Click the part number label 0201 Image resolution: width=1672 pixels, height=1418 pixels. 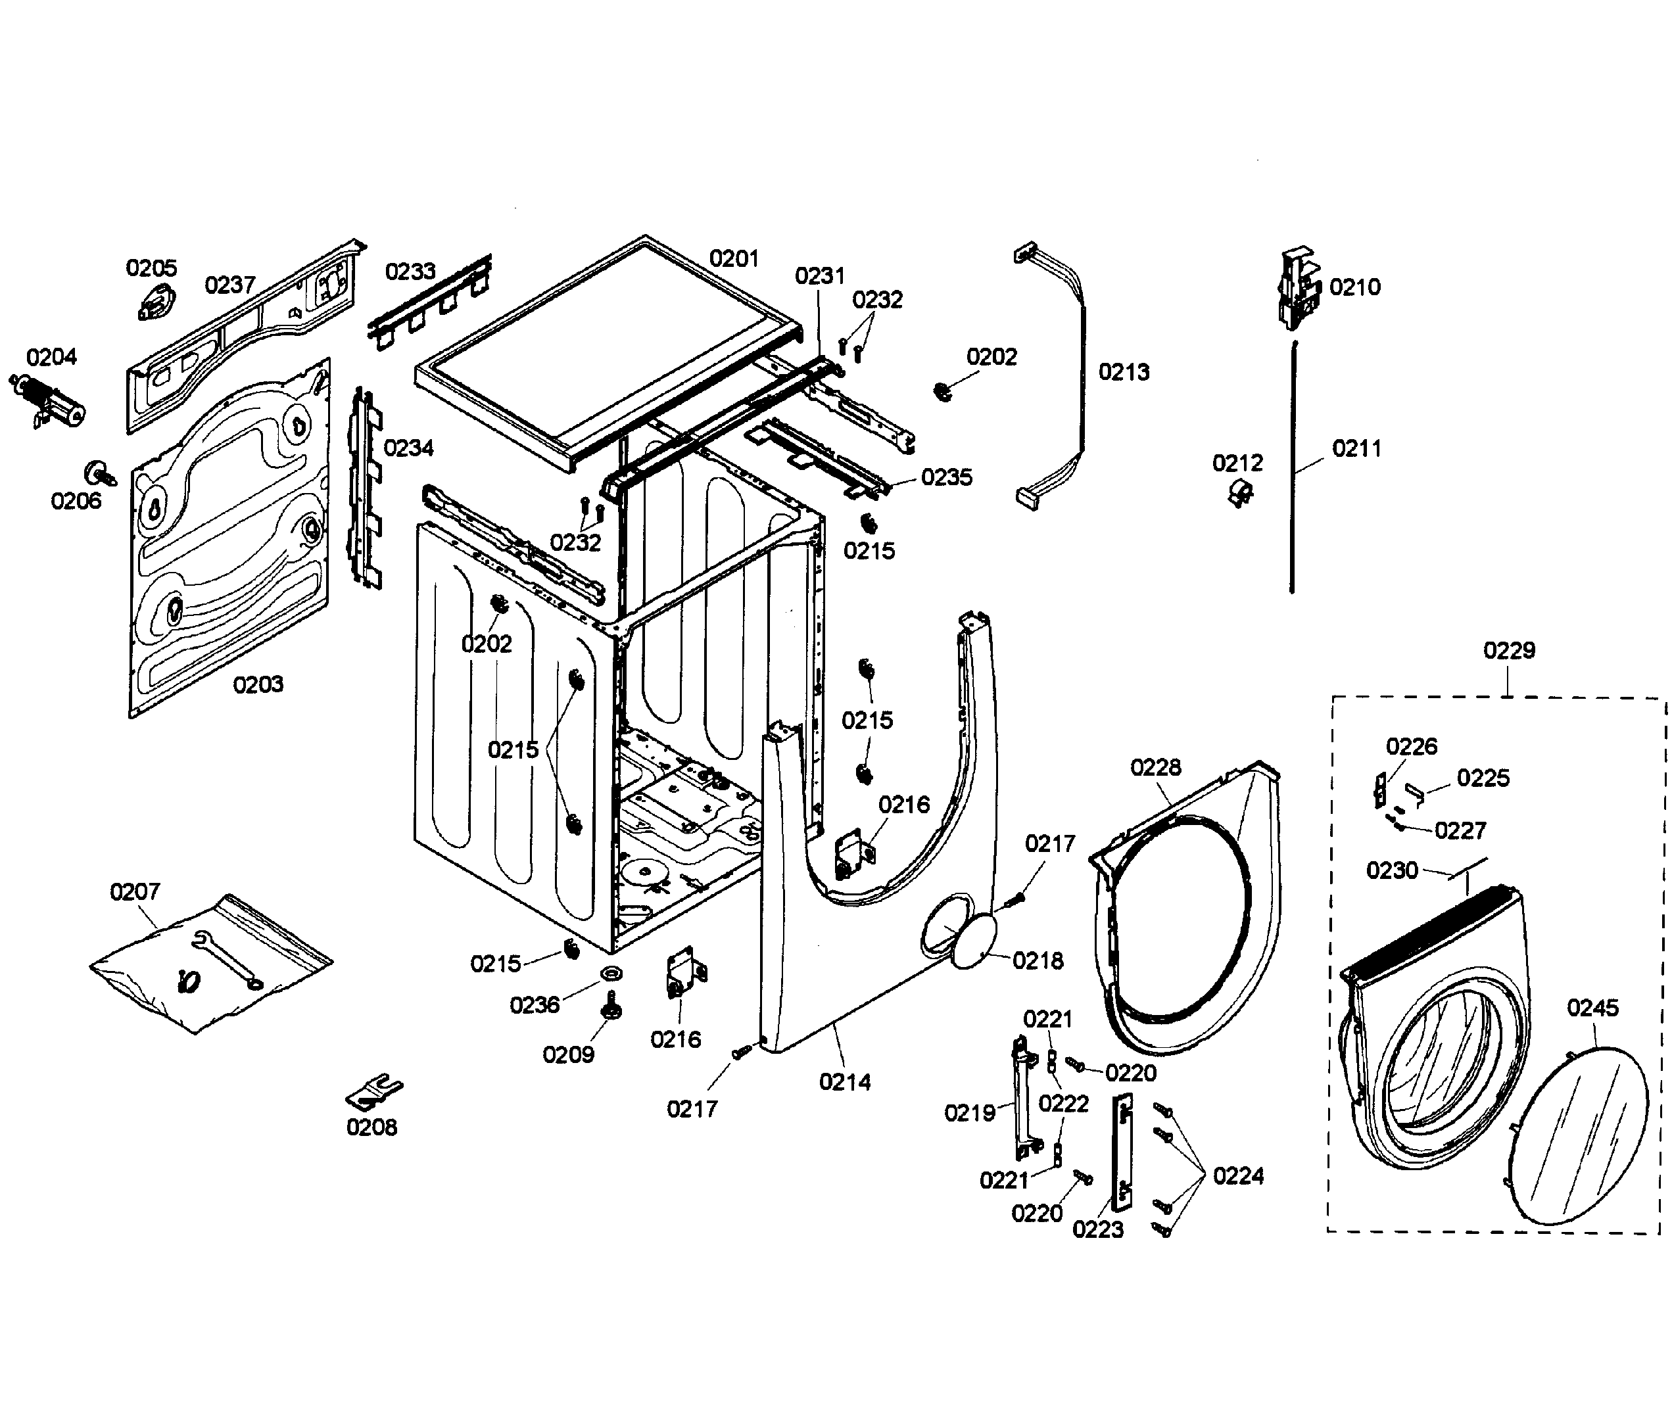point(733,258)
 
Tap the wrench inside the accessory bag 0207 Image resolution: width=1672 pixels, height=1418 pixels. point(227,958)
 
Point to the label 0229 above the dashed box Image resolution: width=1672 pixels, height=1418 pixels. point(1509,650)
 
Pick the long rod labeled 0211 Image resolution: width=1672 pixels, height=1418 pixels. point(1293,466)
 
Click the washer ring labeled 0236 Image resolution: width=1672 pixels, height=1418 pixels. point(611,975)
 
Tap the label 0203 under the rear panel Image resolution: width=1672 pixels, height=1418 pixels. point(258,684)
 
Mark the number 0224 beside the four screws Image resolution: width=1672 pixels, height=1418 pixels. point(1238,1176)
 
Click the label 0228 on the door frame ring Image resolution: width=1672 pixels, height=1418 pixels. point(1155,767)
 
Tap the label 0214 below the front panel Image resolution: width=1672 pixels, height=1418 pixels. point(844,1082)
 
